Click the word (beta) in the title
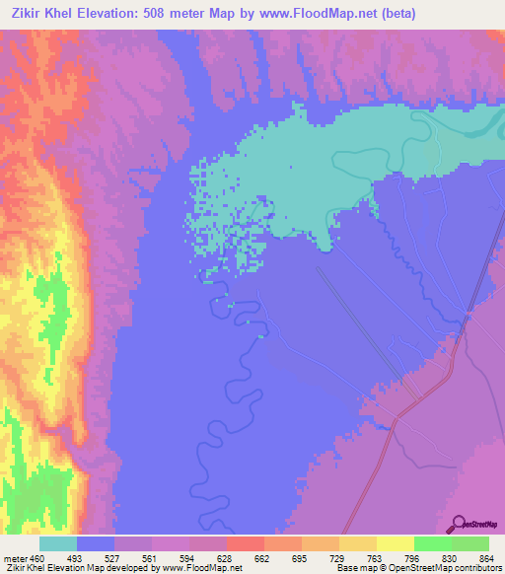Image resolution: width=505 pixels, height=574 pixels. click(394, 14)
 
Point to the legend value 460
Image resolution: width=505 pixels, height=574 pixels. click(36, 559)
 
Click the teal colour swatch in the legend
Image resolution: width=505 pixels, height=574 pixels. click(58, 543)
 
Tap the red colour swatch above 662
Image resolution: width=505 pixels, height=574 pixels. click(245, 543)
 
